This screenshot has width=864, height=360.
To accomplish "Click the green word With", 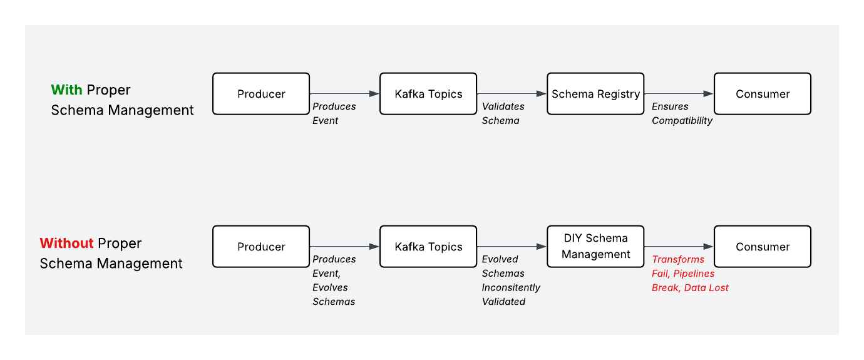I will (66, 90).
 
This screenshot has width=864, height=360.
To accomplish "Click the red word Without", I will (66, 243).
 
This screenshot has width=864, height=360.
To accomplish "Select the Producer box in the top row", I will (261, 94).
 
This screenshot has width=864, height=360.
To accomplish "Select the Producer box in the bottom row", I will (261, 247).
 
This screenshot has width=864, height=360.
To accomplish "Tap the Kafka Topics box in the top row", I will (428, 94).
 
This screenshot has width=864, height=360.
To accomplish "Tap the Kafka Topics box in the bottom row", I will (428, 247).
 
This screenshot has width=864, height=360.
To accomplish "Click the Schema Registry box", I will (595, 94).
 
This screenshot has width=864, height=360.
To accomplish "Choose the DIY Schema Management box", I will (595, 247).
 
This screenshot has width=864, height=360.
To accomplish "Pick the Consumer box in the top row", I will (763, 94).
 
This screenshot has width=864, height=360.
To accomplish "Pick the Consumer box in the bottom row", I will (763, 247).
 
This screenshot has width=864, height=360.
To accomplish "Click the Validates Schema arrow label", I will (503, 113).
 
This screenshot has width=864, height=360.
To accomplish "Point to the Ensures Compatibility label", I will (682, 113).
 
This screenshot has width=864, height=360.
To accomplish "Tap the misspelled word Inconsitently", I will (511, 287).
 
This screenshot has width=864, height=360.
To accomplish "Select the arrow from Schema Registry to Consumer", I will (679, 94).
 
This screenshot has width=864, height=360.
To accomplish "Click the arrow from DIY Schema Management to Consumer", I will (679, 247).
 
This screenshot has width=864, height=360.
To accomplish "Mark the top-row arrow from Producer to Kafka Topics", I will (344, 94).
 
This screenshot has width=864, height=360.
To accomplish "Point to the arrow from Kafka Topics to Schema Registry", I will (512, 94).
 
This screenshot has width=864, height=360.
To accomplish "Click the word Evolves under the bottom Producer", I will (330, 287).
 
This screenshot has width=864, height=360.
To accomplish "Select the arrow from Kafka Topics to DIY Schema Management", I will (512, 247).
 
